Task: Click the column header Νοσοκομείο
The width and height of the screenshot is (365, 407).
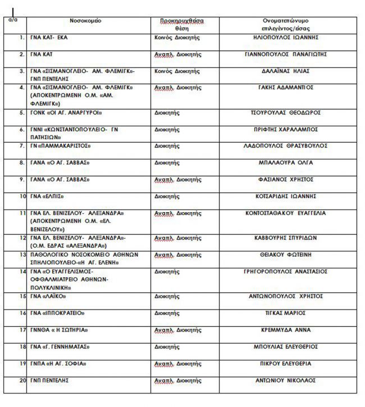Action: tap(86, 21)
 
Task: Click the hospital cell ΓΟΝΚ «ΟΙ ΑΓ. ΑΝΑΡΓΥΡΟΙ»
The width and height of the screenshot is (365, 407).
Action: tap(66, 113)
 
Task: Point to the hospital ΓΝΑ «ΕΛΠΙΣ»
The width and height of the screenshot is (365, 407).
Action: tap(47, 196)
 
